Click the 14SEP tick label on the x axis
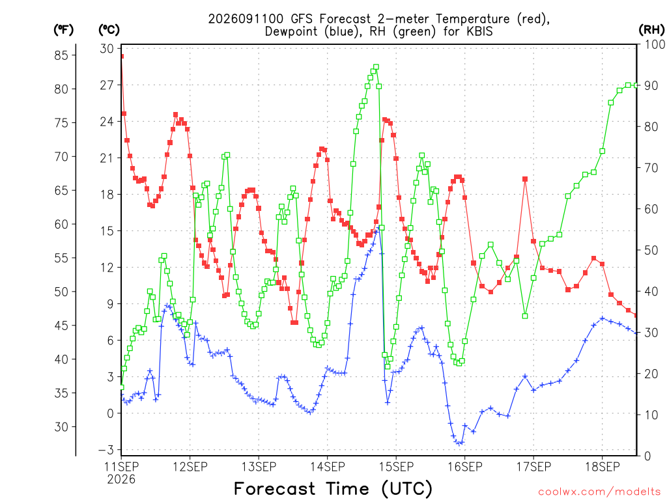pos(327,467)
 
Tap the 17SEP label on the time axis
pos(533,467)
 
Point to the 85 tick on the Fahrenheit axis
pos(61,55)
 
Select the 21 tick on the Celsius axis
pos(107,158)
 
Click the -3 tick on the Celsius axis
pos(106,450)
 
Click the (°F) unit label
pos(63,30)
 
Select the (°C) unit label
pos(109,30)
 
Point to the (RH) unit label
pos(651,30)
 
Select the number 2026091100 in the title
pos(246,19)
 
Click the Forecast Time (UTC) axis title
pos(333,489)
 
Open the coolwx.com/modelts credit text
pos(599,492)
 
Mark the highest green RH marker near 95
pos(376,67)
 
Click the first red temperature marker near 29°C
pos(122,56)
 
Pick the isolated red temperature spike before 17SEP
pos(525,180)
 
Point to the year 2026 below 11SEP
pos(121,480)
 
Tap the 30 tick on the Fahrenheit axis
pos(61,427)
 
